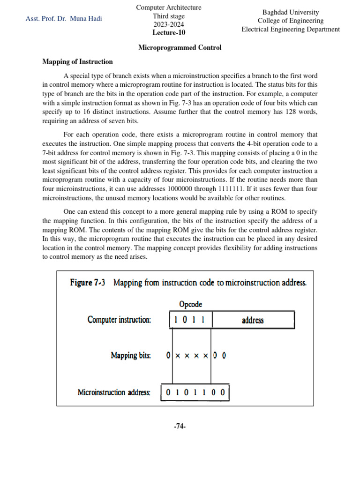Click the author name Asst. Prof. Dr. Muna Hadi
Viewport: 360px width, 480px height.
64,19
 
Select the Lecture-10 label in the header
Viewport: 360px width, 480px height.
169,33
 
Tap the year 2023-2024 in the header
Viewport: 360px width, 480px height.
169,24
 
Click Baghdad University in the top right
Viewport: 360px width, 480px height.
291,12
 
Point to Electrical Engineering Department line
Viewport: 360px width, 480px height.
291,29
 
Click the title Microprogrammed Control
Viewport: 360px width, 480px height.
180,48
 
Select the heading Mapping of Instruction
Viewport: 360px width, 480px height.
77,61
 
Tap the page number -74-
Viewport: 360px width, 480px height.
180,426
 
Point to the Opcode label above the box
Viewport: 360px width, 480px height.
191,304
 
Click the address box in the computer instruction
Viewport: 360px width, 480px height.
253,321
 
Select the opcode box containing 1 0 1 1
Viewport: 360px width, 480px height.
191,321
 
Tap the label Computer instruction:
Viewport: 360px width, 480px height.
119,320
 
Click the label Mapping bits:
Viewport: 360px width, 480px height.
131,355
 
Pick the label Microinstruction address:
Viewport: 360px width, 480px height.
114,392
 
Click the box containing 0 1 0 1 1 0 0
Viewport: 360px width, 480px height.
195,392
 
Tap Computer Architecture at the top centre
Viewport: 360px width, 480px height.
169,7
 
